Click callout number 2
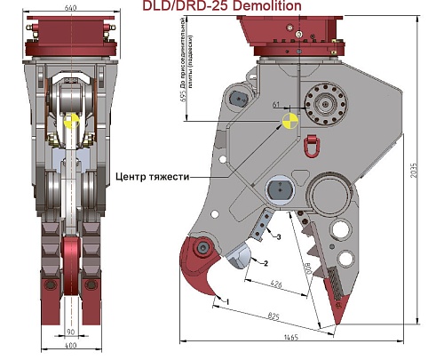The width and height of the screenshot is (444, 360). pos(264,262)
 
